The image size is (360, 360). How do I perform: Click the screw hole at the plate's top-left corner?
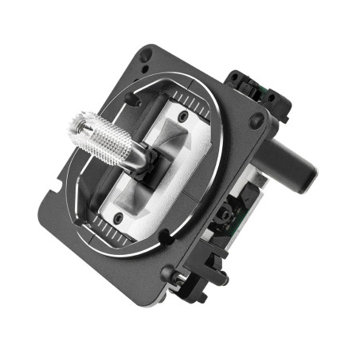145,54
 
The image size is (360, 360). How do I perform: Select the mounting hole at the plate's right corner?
256,121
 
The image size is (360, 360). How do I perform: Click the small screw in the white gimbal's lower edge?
118,217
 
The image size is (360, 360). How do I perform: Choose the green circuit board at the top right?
257,92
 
